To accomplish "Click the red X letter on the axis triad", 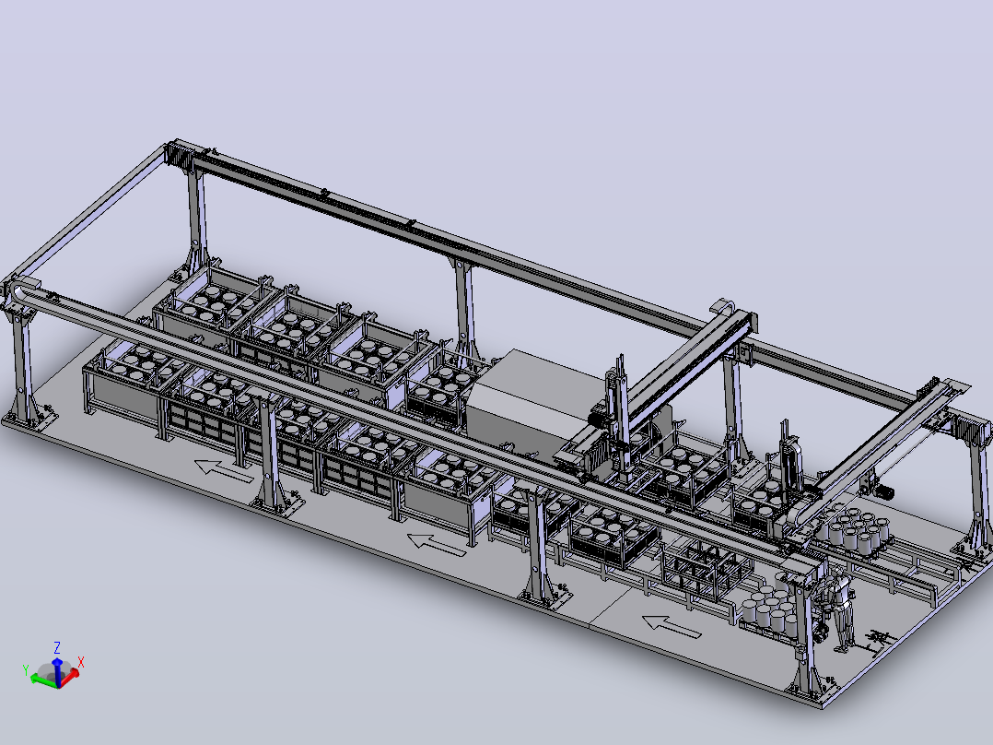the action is [x=81, y=663].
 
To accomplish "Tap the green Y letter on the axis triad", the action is [x=26, y=669].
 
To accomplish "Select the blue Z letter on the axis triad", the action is [x=57, y=647].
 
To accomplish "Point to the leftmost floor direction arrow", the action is [x=224, y=471].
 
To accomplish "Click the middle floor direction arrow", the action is [x=437, y=545].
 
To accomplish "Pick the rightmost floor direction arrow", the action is [x=672, y=626].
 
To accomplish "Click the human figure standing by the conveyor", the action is [x=839, y=609].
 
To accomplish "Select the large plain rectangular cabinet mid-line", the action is [x=538, y=399].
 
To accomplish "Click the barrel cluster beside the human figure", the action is [x=769, y=609].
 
